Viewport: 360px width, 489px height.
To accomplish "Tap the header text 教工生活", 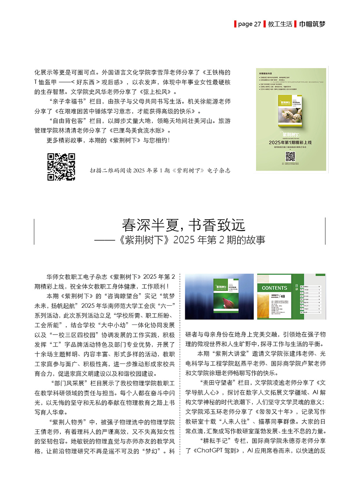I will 280,24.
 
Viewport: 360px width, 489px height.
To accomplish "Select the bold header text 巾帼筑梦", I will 312,24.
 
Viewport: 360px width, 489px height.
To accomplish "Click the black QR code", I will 61,167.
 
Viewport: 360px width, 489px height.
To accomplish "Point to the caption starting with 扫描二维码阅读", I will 160,170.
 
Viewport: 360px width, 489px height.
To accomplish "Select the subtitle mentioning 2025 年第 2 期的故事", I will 180,240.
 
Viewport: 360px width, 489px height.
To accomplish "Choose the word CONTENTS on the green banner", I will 274,288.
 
